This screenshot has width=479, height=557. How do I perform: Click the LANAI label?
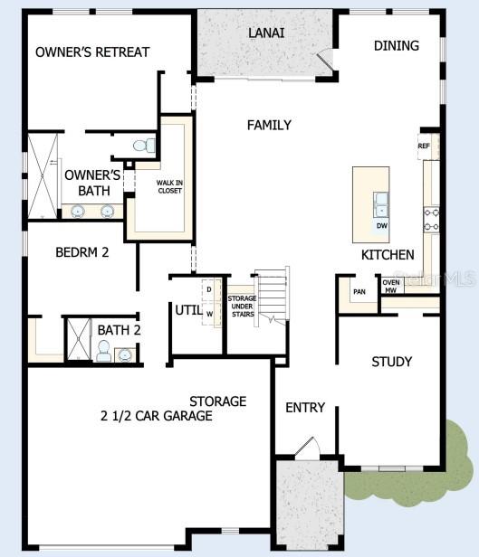click(x=266, y=33)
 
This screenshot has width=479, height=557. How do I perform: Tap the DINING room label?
click(x=396, y=45)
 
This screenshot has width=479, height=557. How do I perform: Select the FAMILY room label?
click(x=269, y=125)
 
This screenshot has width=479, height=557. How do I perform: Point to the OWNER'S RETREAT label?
click(x=92, y=52)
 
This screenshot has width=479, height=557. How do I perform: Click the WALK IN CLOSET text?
click(x=169, y=186)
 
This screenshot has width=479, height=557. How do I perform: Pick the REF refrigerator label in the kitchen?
click(x=424, y=146)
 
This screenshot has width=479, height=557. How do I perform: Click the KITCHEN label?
click(x=388, y=255)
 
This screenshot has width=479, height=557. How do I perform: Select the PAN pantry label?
click(x=359, y=291)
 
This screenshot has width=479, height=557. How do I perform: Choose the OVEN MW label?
click(x=391, y=287)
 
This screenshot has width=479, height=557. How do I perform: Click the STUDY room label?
click(x=392, y=362)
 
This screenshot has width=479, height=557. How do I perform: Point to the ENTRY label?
click(x=305, y=408)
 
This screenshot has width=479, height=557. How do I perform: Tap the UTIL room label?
click(x=188, y=310)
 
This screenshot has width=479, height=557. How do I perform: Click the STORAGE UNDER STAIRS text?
click(x=242, y=306)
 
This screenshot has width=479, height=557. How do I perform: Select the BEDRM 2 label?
click(x=81, y=253)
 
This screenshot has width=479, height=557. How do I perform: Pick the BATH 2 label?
click(x=119, y=330)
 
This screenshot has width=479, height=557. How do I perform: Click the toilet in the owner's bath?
click(x=143, y=145)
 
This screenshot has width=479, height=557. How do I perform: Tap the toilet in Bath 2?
click(x=103, y=353)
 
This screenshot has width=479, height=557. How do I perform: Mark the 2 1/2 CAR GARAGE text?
click(x=157, y=416)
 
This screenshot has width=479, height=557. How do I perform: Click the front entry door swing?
click(x=307, y=448)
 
